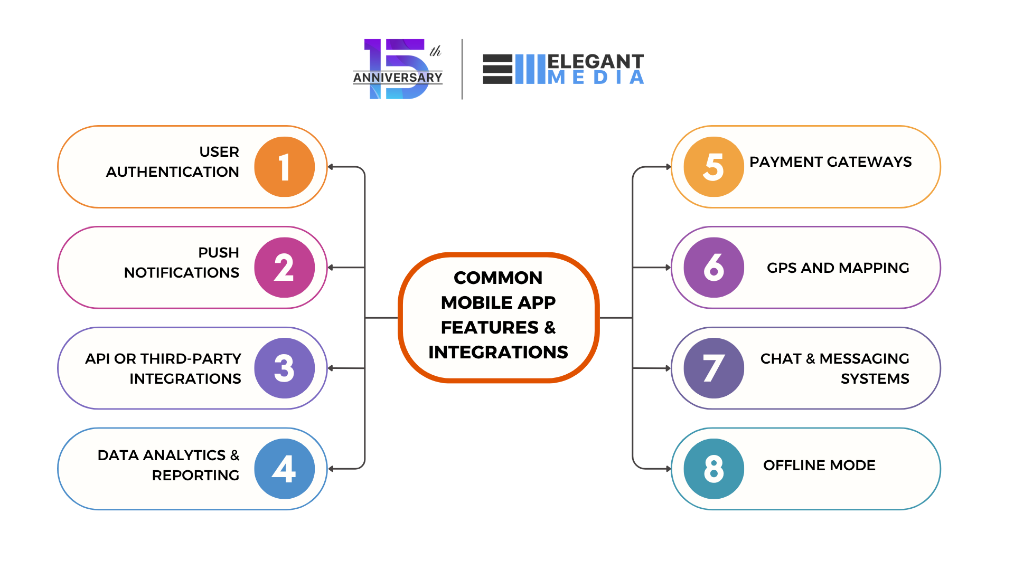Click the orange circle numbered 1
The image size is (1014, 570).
pyautogui.click(x=284, y=167)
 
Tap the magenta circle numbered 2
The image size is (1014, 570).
pyautogui.click(x=284, y=268)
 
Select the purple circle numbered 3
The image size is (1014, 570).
pyautogui.click(x=284, y=368)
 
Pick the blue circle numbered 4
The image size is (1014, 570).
pyautogui.click(x=284, y=469)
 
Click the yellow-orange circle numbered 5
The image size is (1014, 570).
pyautogui.click(x=713, y=167)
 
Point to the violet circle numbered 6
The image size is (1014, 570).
pyautogui.click(x=713, y=268)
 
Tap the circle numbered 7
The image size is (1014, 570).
pyautogui.click(x=713, y=368)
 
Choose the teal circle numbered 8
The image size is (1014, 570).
pyautogui.click(x=713, y=469)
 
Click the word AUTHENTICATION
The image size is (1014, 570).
pyautogui.click(x=172, y=172)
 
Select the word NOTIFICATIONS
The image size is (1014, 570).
pyautogui.click(x=181, y=273)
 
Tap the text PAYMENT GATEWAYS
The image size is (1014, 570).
pyautogui.click(x=830, y=162)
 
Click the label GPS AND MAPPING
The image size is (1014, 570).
pyautogui.click(x=838, y=268)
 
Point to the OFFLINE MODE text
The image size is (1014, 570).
pyautogui.click(x=819, y=465)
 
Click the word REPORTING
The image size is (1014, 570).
pyautogui.click(x=195, y=476)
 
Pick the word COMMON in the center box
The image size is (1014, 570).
pyautogui.click(x=498, y=278)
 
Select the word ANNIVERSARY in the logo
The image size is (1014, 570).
pyautogui.click(x=398, y=78)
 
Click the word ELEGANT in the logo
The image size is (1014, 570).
pyautogui.click(x=595, y=62)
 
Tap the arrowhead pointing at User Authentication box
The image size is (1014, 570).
pyautogui.click(x=331, y=167)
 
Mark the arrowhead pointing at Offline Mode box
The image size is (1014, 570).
pyautogui.click(x=668, y=469)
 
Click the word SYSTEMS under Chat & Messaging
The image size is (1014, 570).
pyautogui.click(x=875, y=379)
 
